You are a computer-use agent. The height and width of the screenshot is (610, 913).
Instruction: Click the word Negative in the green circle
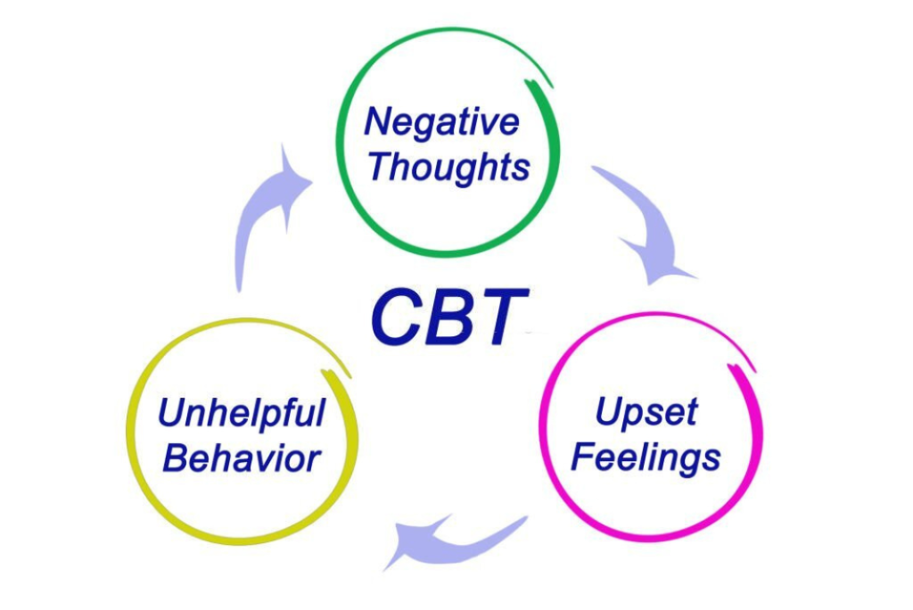pyautogui.click(x=441, y=122)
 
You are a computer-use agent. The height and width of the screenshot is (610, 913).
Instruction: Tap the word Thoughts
pyautogui.click(x=448, y=167)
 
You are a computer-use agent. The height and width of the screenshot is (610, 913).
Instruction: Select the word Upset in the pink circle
pyautogui.click(x=646, y=412)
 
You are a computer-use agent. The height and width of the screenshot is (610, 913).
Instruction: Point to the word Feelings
pyautogui.click(x=646, y=457)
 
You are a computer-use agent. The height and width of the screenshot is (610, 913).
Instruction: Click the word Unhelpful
pyautogui.click(x=242, y=414)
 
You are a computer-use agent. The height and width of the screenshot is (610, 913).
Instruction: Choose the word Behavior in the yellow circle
pyautogui.click(x=242, y=459)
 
